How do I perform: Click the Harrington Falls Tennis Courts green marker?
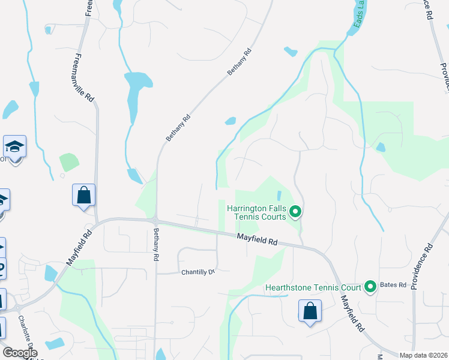pyautogui.click(x=295, y=211)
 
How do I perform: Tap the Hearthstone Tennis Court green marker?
pyautogui.click(x=370, y=287)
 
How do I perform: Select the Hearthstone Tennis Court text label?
pyautogui.click(x=313, y=287)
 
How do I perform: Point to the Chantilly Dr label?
pyautogui.click(x=198, y=272)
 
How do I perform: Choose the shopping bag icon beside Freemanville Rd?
pyautogui.click(x=83, y=195)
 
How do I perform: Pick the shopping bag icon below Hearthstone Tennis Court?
pyautogui.click(x=310, y=311)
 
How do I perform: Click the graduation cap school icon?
pyautogui.click(x=14, y=146)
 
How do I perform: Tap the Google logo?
pyautogui.click(x=20, y=352)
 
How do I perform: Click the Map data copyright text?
pyautogui.click(x=424, y=355)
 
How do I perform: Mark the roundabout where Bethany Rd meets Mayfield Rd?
pyautogui.click(x=155, y=220)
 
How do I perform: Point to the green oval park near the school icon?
pyautogui.click(x=69, y=162)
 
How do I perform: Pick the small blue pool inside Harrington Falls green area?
pyautogui.click(x=279, y=196)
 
